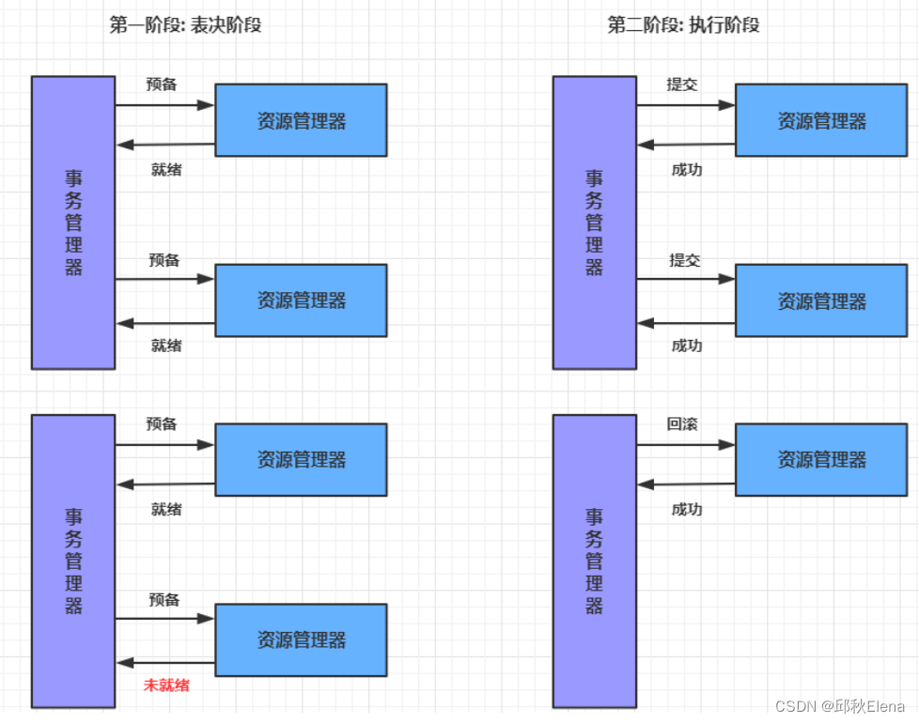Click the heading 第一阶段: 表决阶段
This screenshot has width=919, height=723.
point(185,25)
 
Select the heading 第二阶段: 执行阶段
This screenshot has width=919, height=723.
point(683,25)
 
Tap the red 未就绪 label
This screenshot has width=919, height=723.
point(166,685)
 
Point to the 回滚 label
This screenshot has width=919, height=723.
point(682,424)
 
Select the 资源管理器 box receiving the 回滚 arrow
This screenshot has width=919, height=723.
point(821,459)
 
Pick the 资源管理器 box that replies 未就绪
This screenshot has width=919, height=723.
point(301,640)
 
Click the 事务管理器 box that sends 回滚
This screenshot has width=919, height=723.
point(594,561)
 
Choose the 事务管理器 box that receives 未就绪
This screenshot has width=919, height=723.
point(73,561)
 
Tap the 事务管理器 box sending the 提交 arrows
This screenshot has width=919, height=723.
point(594,223)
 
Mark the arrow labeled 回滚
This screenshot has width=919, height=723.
point(686,444)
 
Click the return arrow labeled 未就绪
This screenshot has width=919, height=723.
point(165,663)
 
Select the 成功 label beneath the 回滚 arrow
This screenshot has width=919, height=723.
point(687,509)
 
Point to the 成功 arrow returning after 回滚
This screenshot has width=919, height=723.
point(686,485)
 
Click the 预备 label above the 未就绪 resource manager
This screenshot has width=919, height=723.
point(164,599)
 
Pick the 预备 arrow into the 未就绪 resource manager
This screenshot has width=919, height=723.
point(165,619)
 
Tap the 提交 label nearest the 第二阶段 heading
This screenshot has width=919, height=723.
point(682,84)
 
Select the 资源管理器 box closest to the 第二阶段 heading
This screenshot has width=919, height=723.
point(821,120)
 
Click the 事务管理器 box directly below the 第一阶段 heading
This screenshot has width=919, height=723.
point(73,223)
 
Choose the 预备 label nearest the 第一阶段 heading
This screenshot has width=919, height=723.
point(162,84)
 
